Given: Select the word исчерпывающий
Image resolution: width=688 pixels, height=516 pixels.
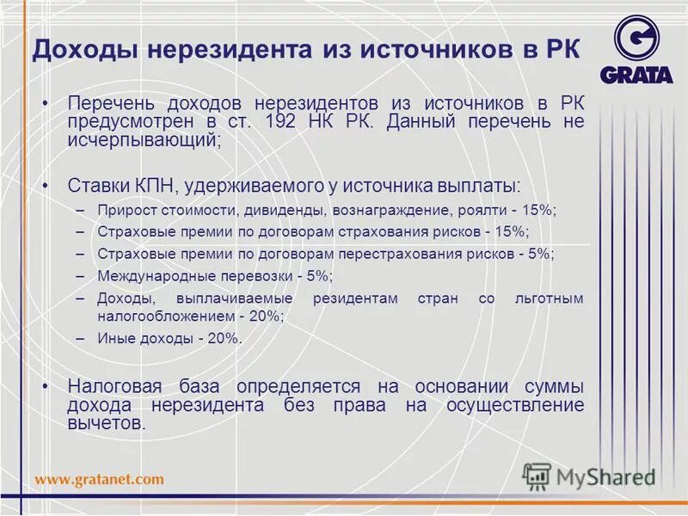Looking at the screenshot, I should (141, 141).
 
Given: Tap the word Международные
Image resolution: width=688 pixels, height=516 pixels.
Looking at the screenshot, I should (150, 276).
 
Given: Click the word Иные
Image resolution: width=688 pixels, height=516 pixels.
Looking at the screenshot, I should (114, 338).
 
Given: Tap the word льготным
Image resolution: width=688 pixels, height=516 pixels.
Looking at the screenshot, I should (547, 298).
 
